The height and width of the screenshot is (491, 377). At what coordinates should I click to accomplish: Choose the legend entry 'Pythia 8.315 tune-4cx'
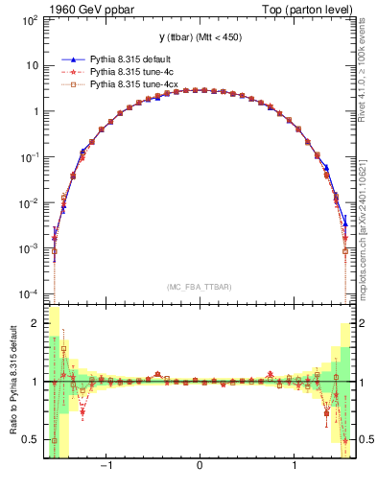[x=133, y=84]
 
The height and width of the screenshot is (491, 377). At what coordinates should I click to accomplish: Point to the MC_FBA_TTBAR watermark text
[x=199, y=286]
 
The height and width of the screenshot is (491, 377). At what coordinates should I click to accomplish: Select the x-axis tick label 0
[x=199, y=468]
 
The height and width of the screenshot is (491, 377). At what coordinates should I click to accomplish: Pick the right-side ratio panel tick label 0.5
[x=365, y=439]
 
